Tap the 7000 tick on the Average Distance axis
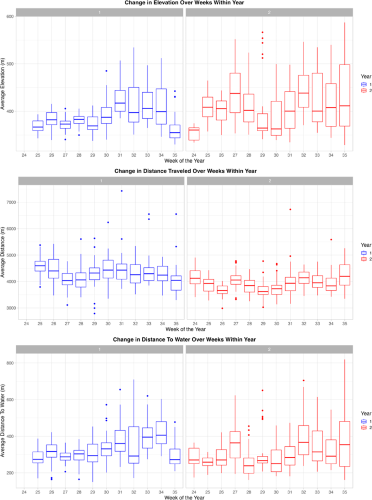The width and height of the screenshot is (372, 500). coord(9,202)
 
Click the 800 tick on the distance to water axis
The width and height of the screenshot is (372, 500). coord(10,363)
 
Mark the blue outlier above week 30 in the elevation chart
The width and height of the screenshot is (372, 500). coord(106,71)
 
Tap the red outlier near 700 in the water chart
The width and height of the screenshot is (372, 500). coord(304,381)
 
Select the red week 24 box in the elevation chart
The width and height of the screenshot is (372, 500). coord(193,133)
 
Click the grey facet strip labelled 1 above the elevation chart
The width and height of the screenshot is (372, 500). coord(99,12)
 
